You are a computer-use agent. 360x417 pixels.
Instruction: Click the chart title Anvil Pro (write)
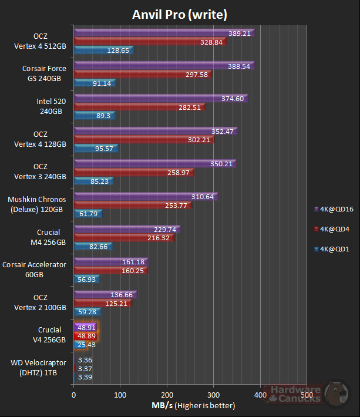pyautogui.click(x=180, y=14)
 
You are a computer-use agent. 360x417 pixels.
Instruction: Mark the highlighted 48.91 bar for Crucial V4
pyautogui.click(x=85, y=328)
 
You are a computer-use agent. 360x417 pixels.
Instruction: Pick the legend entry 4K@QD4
pyautogui.click(x=334, y=228)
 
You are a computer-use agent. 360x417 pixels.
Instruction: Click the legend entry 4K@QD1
pyautogui.click(x=334, y=249)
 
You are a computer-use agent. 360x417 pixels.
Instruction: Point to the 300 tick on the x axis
pyautogui.click(x=214, y=395)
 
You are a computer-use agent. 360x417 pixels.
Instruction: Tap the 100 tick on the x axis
pyautogui.click(x=120, y=395)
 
